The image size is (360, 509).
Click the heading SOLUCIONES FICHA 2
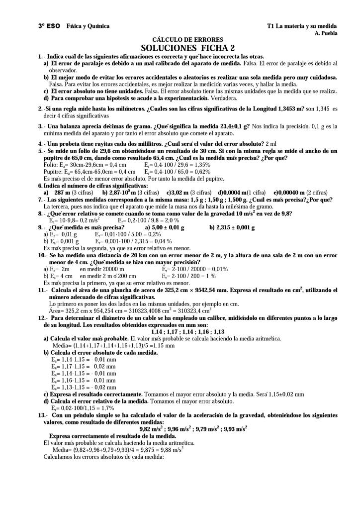[x=187, y=48]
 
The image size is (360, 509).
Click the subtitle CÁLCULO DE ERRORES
[x=187, y=40]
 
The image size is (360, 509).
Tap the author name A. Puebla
[x=327, y=33]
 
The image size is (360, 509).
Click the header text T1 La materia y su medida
[x=302, y=26]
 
